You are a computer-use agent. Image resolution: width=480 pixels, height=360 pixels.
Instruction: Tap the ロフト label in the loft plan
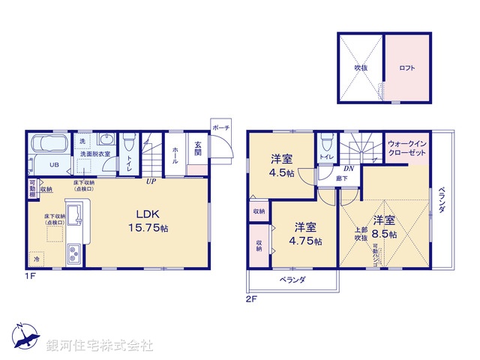pyautogui.click(x=407, y=67)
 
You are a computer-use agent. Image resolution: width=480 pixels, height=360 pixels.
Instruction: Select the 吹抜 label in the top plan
pyautogui.click(x=360, y=67)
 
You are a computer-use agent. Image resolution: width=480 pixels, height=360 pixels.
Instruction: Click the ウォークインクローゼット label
pyautogui.click(x=407, y=148)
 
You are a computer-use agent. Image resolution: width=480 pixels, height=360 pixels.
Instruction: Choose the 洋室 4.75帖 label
pyautogui.click(x=305, y=233)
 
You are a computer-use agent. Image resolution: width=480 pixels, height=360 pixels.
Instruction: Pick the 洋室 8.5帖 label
pyautogui.click(x=385, y=226)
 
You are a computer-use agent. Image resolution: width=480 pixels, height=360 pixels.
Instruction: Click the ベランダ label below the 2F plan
pyautogui.click(x=292, y=279)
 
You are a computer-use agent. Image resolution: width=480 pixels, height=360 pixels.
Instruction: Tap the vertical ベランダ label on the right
pyautogui.click(x=442, y=199)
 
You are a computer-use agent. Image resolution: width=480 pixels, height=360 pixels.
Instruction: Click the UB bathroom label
pyautogui.click(x=54, y=165)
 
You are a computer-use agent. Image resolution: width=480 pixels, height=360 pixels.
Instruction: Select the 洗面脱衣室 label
pyautogui.click(x=95, y=154)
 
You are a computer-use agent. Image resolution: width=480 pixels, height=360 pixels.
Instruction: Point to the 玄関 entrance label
pyautogui.click(x=198, y=148)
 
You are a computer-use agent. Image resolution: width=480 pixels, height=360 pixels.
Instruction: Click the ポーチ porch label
pyautogui.click(x=220, y=127)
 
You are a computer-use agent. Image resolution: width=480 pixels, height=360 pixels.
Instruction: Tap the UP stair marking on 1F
pyautogui.click(x=151, y=181)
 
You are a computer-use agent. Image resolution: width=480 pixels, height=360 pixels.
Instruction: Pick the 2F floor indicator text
pyautogui.click(x=251, y=299)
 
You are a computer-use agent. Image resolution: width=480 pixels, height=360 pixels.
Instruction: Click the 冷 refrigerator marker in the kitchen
pyautogui.click(x=37, y=258)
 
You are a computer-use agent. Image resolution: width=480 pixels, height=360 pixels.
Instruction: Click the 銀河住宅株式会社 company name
pyautogui.click(x=100, y=346)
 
